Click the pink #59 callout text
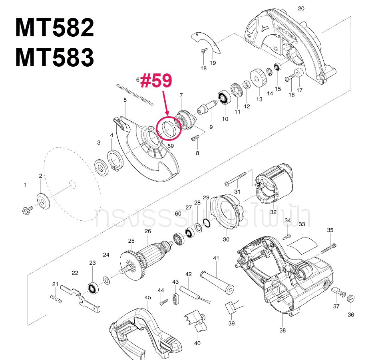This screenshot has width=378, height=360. (x=156, y=81)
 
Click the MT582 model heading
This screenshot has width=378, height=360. (x=54, y=28)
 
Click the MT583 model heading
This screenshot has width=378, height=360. (x=54, y=58)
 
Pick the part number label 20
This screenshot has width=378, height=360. (x=301, y=8)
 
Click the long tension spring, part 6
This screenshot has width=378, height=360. (x=133, y=95)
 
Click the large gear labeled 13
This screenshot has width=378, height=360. (x=258, y=78)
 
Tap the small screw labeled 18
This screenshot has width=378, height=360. (x=203, y=51)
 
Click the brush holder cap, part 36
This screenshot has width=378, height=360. (x=350, y=298)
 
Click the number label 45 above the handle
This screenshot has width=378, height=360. (x=147, y=297)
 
